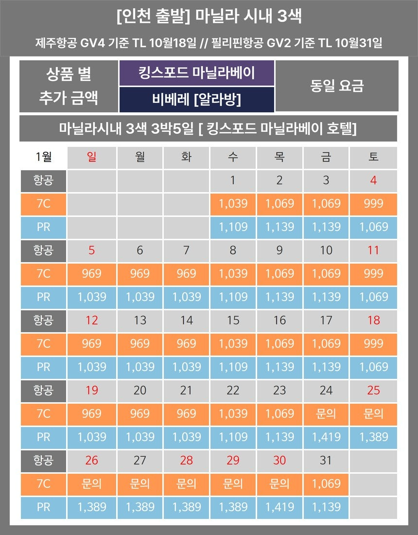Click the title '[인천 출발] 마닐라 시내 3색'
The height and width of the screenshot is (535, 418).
coord(209,17)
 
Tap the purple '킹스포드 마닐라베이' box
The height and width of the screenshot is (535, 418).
coord(197,73)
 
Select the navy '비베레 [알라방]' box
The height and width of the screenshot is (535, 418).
coord(197,100)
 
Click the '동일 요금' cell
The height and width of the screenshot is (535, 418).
coord(336,86)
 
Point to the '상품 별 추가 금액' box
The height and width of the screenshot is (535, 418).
coord(69,86)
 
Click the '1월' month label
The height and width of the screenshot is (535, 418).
coord(43,157)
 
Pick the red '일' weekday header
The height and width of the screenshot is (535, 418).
coord(91,157)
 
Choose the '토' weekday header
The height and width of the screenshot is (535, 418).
coord(373,157)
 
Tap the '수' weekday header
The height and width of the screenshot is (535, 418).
coord(233,157)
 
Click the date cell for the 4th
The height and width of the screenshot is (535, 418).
coord(373,180)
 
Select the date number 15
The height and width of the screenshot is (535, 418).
coord(233,320)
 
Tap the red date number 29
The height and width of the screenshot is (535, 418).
coord(233,460)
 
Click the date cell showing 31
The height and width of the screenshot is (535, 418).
coord(326,460)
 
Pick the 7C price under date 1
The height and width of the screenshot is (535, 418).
coord(233,203)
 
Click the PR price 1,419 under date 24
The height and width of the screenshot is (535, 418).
coord(326,437)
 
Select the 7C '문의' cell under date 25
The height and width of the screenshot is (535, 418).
coord(373,413)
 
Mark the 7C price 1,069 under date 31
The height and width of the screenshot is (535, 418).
coord(326,483)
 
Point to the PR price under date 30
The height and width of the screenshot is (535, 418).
coord(279,507)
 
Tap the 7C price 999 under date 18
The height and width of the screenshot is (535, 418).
coord(373,343)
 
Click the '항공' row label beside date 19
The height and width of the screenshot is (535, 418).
coord(43,390)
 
